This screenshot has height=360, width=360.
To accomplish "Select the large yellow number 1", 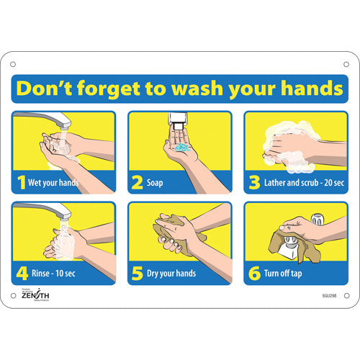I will (x=21, y=182).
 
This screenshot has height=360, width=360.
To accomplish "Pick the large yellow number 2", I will (x=137, y=182).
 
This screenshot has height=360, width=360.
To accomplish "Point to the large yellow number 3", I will (x=253, y=182).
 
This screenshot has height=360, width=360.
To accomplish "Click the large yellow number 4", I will (x=21, y=273).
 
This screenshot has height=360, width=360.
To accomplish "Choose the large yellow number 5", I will (x=137, y=273).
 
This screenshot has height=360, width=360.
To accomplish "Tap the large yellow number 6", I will (x=253, y=273).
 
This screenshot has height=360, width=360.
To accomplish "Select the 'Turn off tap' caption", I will (x=287, y=274).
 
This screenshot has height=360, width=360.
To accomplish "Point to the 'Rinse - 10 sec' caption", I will (x=54, y=274).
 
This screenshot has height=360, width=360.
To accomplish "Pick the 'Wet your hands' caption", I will (x=53, y=183).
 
